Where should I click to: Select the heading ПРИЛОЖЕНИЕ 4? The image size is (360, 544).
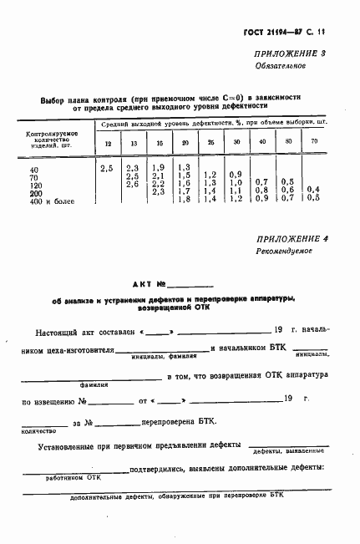click(x=293, y=238)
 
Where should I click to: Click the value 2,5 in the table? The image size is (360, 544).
click(x=106, y=170)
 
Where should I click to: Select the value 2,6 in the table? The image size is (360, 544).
click(x=132, y=184)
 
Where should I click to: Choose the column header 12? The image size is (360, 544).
click(x=106, y=144)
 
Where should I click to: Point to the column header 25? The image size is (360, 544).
click(x=210, y=144)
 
